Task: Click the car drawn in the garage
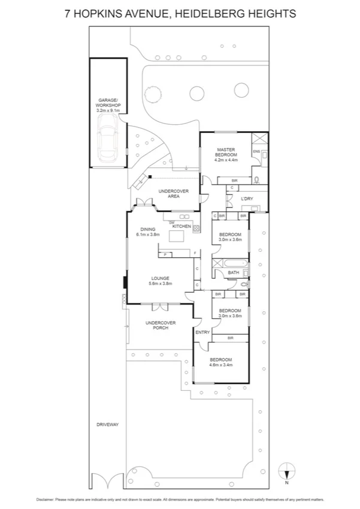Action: coord(109,138)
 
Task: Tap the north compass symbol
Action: coord(287,471)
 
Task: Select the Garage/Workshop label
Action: coord(108,106)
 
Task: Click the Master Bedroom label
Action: coord(227,155)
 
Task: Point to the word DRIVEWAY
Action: coord(108,424)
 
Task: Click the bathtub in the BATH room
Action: coord(234,263)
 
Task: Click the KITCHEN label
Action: coord(181,227)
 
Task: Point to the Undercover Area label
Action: coord(174,194)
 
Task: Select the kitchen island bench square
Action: coord(177,238)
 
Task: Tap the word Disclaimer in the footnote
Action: coord(45,498)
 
